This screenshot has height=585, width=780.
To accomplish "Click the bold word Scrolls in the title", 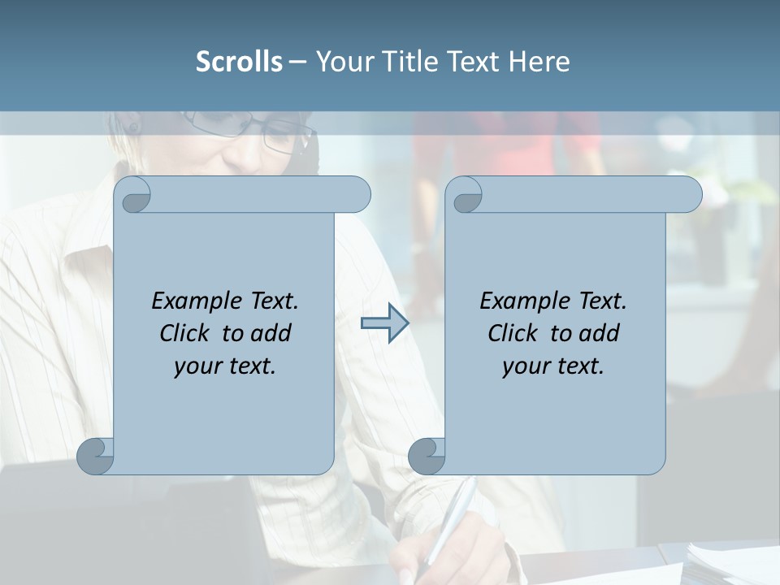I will pos(240,62).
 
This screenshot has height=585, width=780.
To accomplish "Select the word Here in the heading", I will pos(539,62).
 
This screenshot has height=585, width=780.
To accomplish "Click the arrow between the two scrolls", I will pos(384,323).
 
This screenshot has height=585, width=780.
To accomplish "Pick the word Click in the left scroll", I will pos(184,333).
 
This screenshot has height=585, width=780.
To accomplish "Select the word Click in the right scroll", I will pos(512,333).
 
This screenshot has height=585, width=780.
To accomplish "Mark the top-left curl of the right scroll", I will pos(466,196).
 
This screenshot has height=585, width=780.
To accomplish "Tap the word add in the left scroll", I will pos(271,333).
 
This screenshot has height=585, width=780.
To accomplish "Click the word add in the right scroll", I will pos(600,333).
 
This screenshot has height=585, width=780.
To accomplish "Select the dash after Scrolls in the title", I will pos(297,62).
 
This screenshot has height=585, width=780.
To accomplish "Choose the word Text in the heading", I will pos(473,62).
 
